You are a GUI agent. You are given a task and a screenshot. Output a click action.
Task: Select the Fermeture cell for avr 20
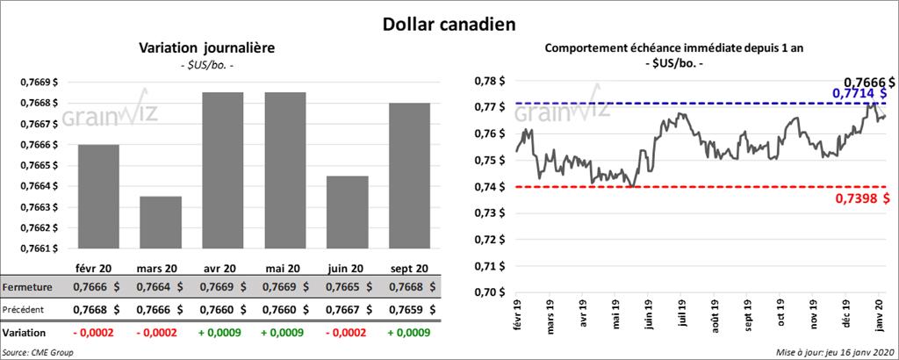coord(222,287)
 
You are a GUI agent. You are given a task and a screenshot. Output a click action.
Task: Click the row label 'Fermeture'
coord(27,287)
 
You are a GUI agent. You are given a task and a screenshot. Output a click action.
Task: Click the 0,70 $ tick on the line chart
coord(486,292)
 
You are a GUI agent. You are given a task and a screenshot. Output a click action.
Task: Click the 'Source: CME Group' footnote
coord(38,351)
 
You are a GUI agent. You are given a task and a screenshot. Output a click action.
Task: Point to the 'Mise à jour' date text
coord(834,351)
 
